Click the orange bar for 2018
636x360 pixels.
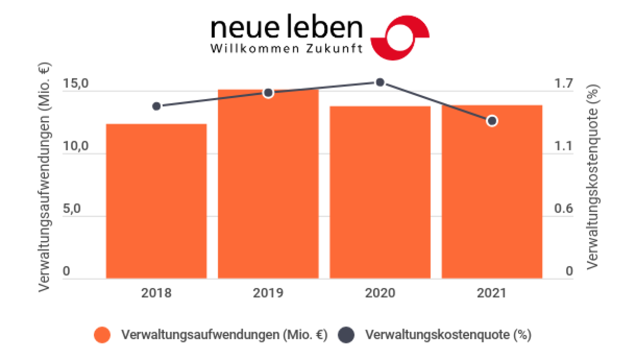[156, 201]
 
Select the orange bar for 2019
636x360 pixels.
[268, 184]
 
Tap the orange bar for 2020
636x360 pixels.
[380, 192]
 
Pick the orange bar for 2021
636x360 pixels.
[492, 191]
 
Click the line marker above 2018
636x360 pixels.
[156, 106]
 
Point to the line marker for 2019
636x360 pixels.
[268, 93]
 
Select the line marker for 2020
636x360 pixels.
[380, 82]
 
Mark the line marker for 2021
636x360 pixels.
[492, 121]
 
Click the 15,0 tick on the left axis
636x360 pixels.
[75, 84]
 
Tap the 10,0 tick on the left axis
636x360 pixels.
[75, 147]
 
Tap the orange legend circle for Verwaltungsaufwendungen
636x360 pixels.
[102, 335]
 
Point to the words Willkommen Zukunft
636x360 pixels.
[287, 49]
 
